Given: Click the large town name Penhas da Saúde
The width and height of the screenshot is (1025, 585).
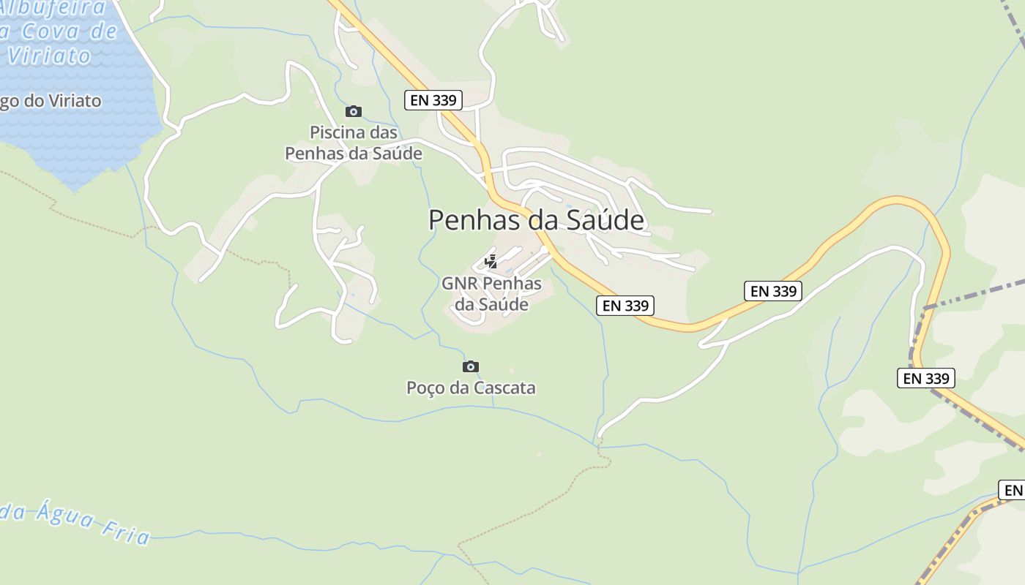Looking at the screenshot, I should click(536, 220).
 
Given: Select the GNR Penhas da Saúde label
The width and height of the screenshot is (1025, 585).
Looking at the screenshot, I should click(491, 294).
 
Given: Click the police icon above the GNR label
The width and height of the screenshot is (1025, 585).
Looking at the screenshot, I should click(491, 262).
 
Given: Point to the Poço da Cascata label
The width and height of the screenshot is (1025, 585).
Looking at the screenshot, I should click(471, 388).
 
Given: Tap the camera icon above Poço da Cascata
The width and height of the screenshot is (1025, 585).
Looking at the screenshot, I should click(471, 366).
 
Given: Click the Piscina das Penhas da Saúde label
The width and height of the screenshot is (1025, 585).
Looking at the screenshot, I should click(354, 143).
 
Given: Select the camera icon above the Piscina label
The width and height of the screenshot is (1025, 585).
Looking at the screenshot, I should click(354, 111).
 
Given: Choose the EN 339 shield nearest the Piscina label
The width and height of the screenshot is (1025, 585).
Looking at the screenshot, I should click(433, 100).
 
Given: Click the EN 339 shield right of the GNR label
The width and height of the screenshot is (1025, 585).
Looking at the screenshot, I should click(625, 306).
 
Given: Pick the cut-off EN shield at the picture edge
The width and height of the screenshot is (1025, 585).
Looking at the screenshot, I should click(1012, 490).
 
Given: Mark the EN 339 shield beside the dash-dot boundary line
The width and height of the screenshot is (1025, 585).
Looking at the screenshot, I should click(925, 378).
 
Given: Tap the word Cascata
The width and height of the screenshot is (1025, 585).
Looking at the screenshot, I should click(504, 388).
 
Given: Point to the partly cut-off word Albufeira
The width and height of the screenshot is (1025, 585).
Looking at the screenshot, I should click(54, 8).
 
